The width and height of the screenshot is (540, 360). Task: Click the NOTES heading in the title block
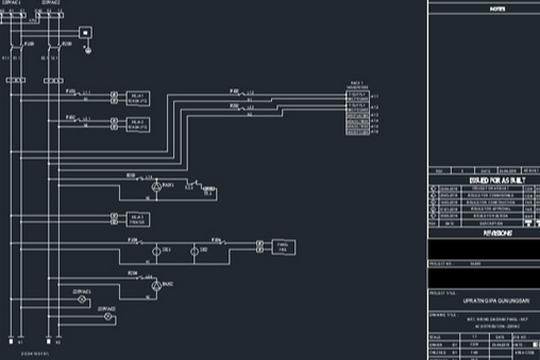(483, 6)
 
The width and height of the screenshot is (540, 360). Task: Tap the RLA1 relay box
(137, 98)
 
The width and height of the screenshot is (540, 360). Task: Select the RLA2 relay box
(137, 125)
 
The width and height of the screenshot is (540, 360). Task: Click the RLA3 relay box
(137, 219)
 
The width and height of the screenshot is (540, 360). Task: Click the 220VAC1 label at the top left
(13, 5)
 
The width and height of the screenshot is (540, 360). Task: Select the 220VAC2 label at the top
(50, 5)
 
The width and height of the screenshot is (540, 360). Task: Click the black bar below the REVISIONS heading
(483, 249)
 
